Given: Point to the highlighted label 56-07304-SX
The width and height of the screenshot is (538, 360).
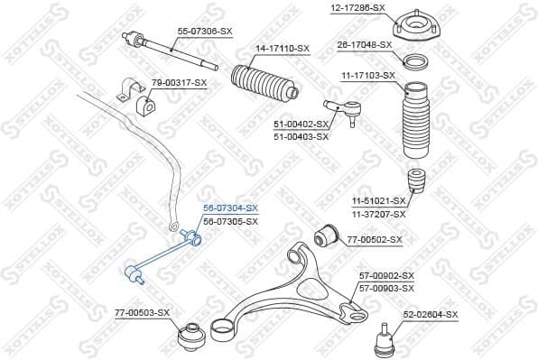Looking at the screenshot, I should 230,208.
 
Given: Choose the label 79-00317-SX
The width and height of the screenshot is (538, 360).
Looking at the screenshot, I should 179,83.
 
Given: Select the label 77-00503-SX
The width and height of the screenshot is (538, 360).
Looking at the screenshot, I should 143,312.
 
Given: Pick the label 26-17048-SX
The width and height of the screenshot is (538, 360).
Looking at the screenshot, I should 364,44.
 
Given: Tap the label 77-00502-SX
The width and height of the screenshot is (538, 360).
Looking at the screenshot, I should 374,240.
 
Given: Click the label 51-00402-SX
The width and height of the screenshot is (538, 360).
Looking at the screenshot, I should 299,125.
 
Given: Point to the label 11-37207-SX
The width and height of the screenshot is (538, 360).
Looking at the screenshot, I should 378,215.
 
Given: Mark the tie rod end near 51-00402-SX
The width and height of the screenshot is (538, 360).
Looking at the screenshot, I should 347,113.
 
